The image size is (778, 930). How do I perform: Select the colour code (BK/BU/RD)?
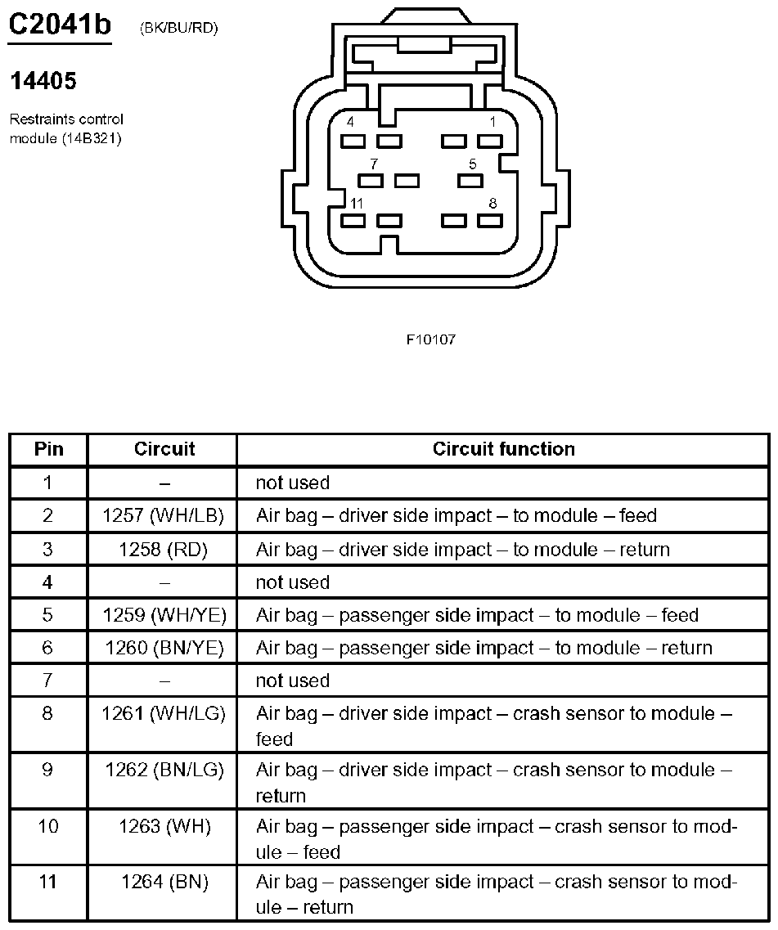coord(178,29)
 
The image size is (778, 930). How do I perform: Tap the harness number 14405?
coord(43,81)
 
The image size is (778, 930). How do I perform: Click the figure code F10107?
coord(431,339)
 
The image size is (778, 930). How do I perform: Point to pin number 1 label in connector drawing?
coord(492,122)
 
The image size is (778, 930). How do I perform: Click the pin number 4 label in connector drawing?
coord(351,122)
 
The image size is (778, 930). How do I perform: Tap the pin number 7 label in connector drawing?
coord(374,164)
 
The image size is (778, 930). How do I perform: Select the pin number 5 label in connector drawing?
coord(473,164)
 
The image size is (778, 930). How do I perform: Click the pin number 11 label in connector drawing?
coord(357,203)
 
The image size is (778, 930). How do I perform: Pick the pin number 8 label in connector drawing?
coord(492,203)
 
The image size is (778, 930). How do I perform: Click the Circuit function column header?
coord(503,449)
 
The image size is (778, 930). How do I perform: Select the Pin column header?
coord(48,449)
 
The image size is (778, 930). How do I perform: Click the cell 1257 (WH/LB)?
coord(164,516)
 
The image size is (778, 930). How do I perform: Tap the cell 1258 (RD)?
coord(164,550)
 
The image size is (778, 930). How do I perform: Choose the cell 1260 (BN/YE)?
coord(164,648)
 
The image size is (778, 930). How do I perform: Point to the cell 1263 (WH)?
coord(164,827)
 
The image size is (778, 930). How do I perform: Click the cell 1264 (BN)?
coord(164,883)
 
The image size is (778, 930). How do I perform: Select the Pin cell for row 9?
coord(48,771)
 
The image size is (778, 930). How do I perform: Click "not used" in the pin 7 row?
coord(292,681)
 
